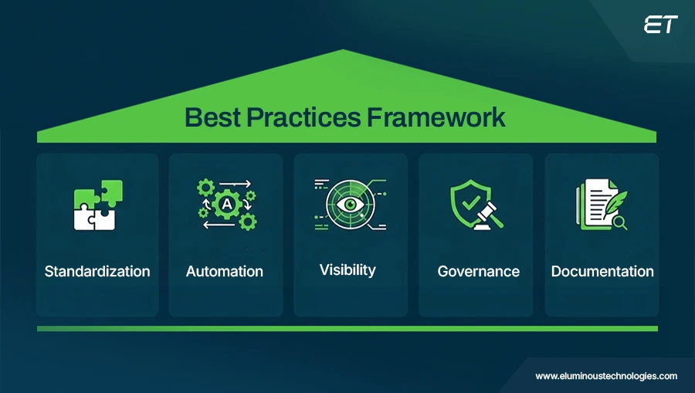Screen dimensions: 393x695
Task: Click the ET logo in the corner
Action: pos(661,25)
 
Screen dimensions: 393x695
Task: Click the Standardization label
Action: pos(97,271)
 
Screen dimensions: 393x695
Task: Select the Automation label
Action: pos(225,271)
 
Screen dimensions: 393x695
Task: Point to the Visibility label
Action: pos(347,269)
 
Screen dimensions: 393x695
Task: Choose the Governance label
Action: pos(478,271)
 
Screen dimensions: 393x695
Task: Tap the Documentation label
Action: pos(602,271)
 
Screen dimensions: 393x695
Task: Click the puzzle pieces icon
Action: pos(98,205)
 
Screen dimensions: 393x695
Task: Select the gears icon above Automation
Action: pos(225,205)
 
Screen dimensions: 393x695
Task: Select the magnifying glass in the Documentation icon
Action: pos(619,223)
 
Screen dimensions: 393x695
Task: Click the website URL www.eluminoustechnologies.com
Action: pos(606,376)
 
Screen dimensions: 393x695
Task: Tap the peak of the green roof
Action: pos(343,53)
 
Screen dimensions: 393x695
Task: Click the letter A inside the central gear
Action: pos(227,204)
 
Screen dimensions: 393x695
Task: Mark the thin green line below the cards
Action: pos(347,328)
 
